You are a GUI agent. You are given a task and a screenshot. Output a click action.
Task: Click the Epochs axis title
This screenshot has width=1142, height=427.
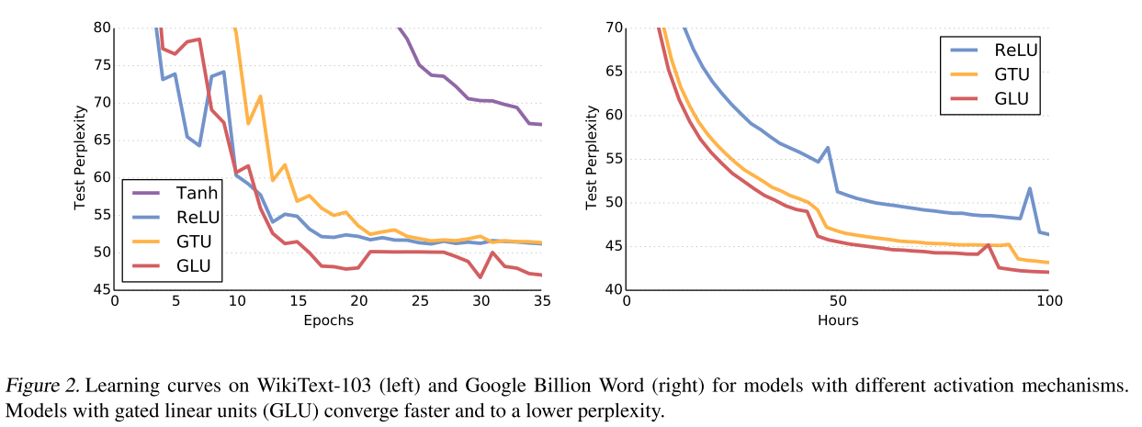pyautogui.click(x=328, y=320)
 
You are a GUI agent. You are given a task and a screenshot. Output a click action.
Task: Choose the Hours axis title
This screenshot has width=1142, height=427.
pyautogui.click(x=837, y=320)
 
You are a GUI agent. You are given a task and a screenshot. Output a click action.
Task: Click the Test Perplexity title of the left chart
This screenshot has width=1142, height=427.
pyautogui.click(x=80, y=158)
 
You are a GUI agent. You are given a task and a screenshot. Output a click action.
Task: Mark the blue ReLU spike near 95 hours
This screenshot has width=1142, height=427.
pyautogui.click(x=1029, y=188)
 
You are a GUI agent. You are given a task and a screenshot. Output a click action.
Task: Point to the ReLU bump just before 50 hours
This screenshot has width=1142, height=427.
pyautogui.click(x=828, y=148)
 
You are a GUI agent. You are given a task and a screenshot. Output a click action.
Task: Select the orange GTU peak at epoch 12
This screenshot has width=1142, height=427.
pyautogui.click(x=260, y=96)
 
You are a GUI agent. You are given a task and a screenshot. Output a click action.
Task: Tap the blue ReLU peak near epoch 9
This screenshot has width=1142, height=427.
pyautogui.click(x=223, y=72)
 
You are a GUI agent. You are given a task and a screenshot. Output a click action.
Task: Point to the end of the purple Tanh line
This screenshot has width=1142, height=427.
pyautogui.click(x=541, y=125)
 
